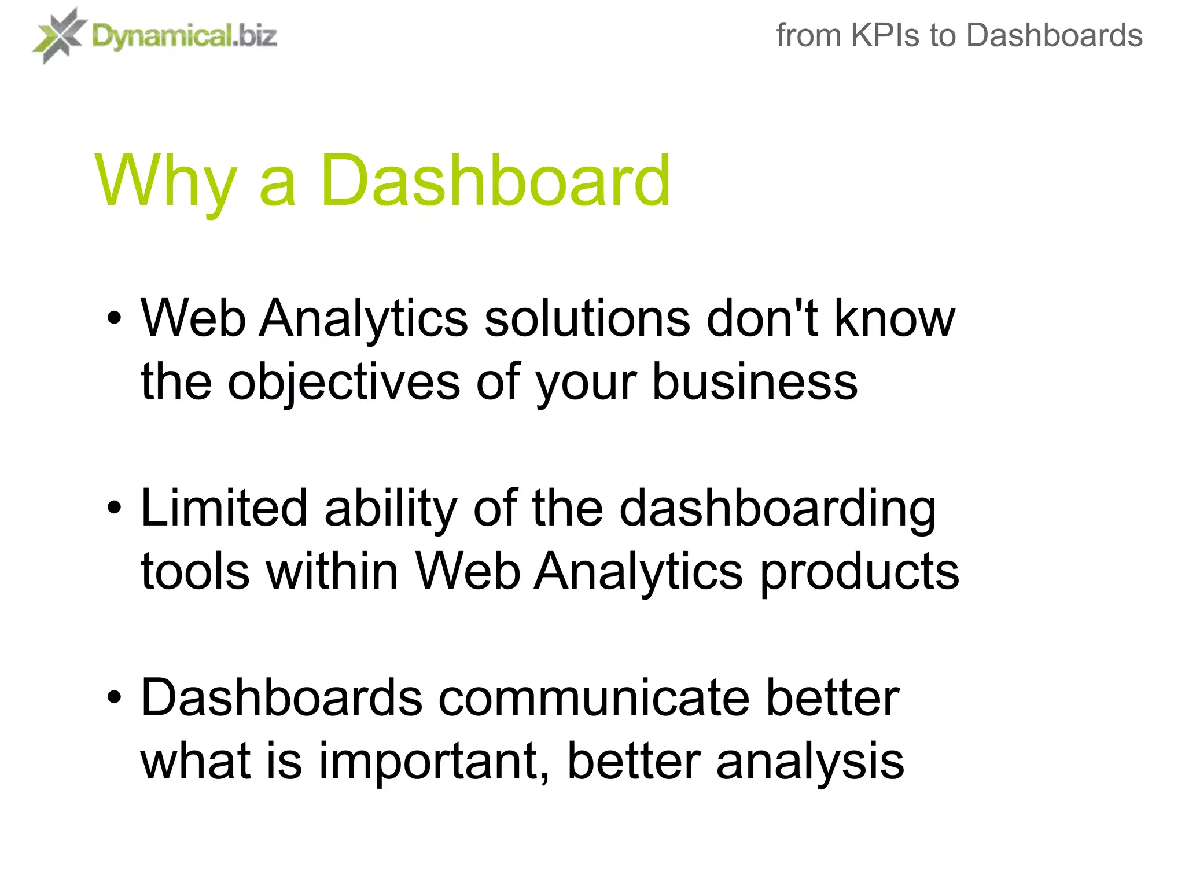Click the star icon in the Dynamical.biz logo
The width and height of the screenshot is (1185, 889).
60,35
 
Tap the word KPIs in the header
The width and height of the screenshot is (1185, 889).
885,35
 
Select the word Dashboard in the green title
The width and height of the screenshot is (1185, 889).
495,181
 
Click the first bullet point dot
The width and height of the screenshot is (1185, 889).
115,318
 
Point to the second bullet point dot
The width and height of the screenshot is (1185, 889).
115,508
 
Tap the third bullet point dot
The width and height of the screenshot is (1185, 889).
115,698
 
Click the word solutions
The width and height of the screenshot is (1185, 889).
587,318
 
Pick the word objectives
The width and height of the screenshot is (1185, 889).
344,383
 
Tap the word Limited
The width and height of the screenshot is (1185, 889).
223,508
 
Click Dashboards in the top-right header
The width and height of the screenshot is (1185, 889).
1054,35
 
